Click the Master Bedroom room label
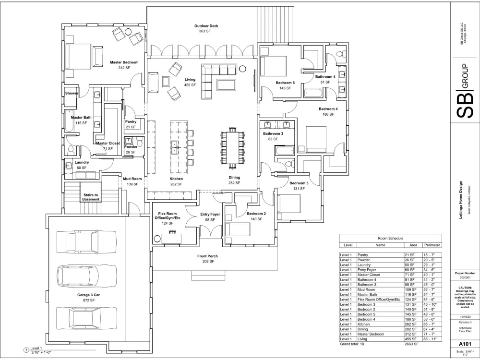(124, 62)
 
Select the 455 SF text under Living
(191, 85)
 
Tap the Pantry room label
(131, 122)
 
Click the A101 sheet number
(464, 343)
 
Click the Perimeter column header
(432, 245)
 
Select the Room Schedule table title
(390, 238)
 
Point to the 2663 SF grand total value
(411, 344)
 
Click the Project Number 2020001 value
(464, 277)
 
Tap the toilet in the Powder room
(129, 141)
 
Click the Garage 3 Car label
(87, 294)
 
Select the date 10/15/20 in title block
(464, 317)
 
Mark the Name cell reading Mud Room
(368, 289)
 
